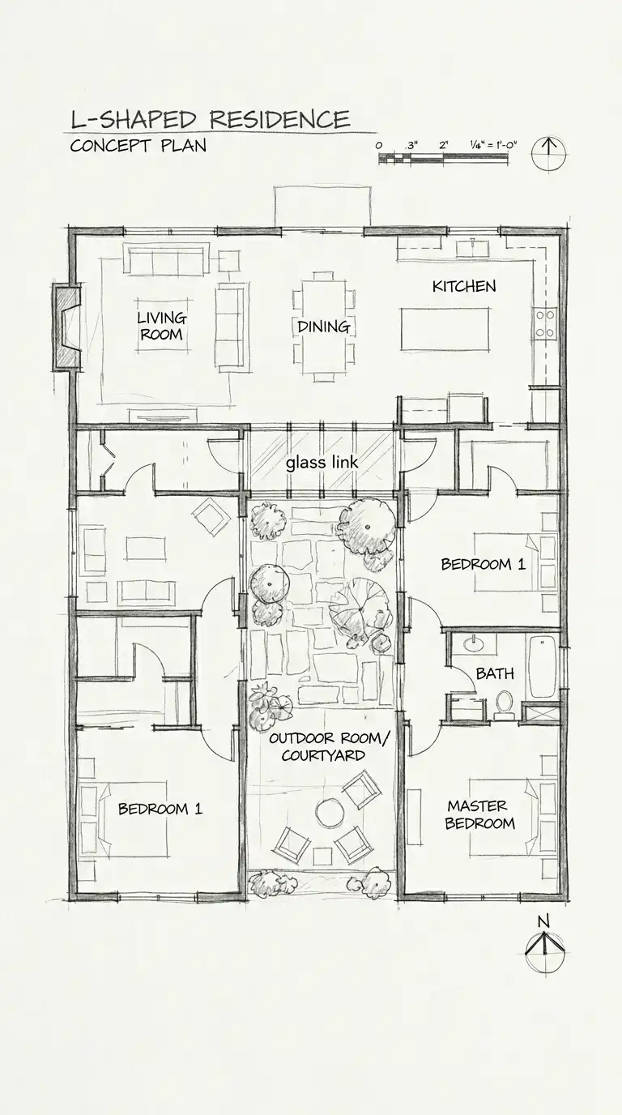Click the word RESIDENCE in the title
(x=279, y=119)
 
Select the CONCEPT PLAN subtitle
(x=138, y=146)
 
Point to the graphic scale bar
(x=443, y=158)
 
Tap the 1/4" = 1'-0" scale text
(x=493, y=145)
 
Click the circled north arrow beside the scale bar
(x=549, y=153)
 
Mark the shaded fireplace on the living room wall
(x=67, y=327)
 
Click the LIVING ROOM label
(x=162, y=326)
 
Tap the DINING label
(x=323, y=327)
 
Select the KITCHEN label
(x=464, y=286)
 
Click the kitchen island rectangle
(x=445, y=329)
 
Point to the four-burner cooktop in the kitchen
(x=544, y=323)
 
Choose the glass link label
(x=322, y=463)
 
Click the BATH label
(x=495, y=673)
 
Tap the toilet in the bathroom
(x=505, y=704)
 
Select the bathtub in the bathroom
(x=542, y=666)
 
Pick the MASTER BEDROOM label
(x=479, y=814)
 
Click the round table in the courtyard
(x=330, y=812)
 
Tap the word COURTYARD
(x=323, y=755)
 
